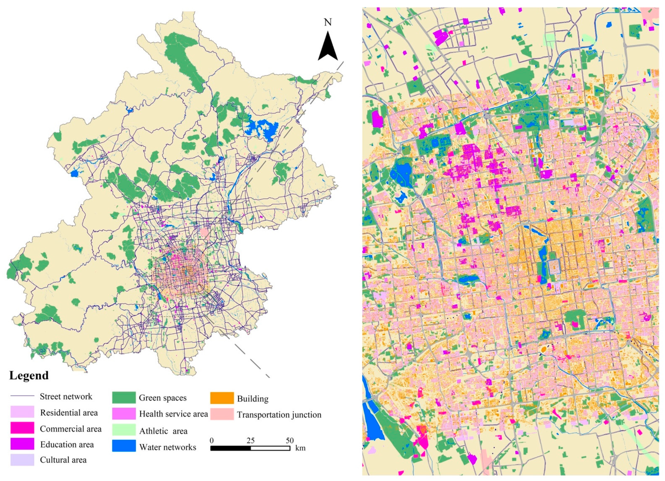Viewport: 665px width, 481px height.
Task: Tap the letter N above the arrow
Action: [x=328, y=23]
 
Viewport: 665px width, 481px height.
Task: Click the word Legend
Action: [x=29, y=376]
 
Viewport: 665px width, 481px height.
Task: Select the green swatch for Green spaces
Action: [x=124, y=398]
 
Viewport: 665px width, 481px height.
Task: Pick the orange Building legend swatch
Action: [x=222, y=398]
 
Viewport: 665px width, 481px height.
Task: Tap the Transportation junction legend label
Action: [x=279, y=415]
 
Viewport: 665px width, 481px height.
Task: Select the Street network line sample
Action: [x=22, y=396]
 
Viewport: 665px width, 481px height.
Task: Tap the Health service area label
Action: [x=173, y=414]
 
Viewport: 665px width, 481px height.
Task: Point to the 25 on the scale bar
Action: [x=250, y=440]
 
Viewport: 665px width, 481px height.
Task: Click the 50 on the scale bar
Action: [x=289, y=440]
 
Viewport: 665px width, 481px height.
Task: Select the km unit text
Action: [x=300, y=448]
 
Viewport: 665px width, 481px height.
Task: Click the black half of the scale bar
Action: [x=231, y=448]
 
